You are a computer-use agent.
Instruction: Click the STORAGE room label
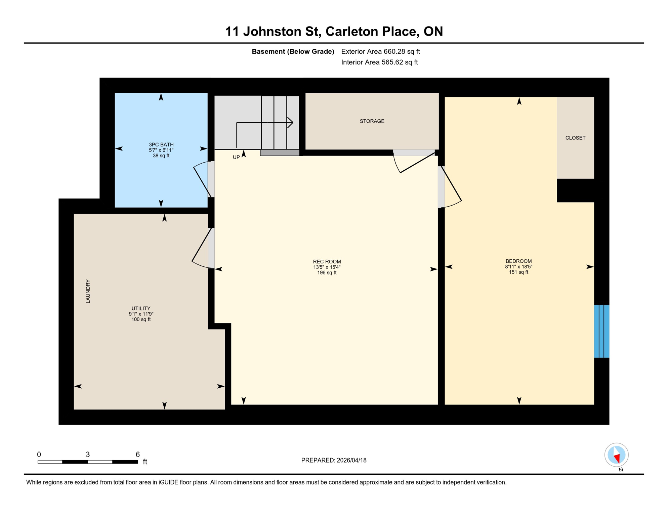(x=372, y=121)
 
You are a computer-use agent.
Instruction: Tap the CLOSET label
(x=575, y=138)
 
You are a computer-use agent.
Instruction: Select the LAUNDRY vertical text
(x=88, y=291)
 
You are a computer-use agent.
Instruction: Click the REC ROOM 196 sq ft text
(x=327, y=273)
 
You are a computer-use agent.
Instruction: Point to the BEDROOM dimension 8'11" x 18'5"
(x=518, y=267)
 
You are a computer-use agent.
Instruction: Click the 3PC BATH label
(x=161, y=145)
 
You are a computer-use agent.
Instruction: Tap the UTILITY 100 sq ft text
(x=141, y=319)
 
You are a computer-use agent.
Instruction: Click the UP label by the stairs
(x=236, y=157)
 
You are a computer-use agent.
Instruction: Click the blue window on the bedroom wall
(x=601, y=331)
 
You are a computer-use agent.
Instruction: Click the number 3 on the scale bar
(x=88, y=455)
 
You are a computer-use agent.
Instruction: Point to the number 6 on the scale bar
(x=137, y=455)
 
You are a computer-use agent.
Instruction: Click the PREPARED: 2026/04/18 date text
(x=334, y=461)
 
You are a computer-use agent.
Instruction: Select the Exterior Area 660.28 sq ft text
(x=380, y=52)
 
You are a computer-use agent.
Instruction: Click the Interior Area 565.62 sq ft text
(x=379, y=62)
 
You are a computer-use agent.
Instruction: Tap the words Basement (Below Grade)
(x=293, y=52)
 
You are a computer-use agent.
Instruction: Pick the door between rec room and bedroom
(x=450, y=187)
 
